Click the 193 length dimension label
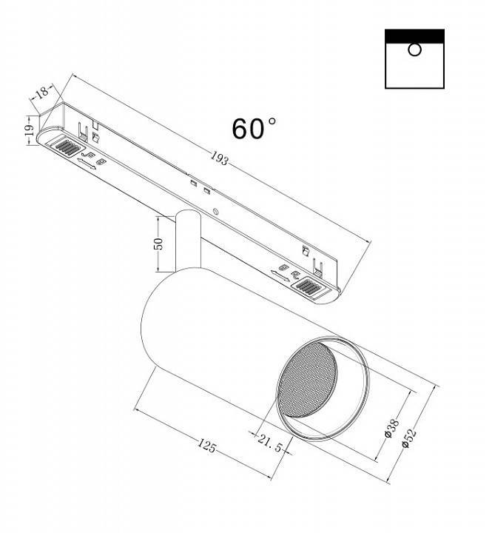coord(219,158)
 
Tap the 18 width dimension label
coord(43,92)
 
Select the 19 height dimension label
coord(29,130)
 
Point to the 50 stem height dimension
coord(158,244)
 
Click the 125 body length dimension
coord(207,446)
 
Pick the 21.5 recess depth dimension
coord(270,443)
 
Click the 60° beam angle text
coord(254,129)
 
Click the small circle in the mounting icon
coord(414,50)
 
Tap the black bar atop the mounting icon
coord(414,36)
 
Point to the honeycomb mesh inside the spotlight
coord(308,379)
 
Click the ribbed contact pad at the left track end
coord(67,146)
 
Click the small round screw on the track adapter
coord(215,211)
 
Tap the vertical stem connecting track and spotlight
coord(188,241)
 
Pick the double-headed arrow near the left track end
coord(87,163)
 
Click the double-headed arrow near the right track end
coord(280,275)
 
